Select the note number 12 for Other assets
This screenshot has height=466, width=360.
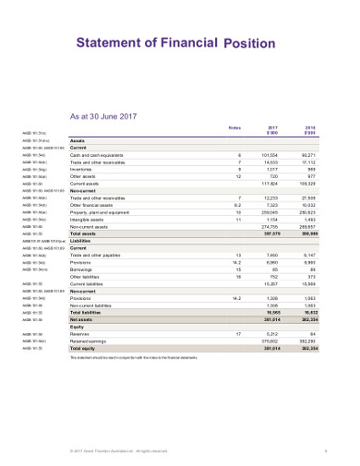point(239,176)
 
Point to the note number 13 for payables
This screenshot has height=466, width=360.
point(239,256)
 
